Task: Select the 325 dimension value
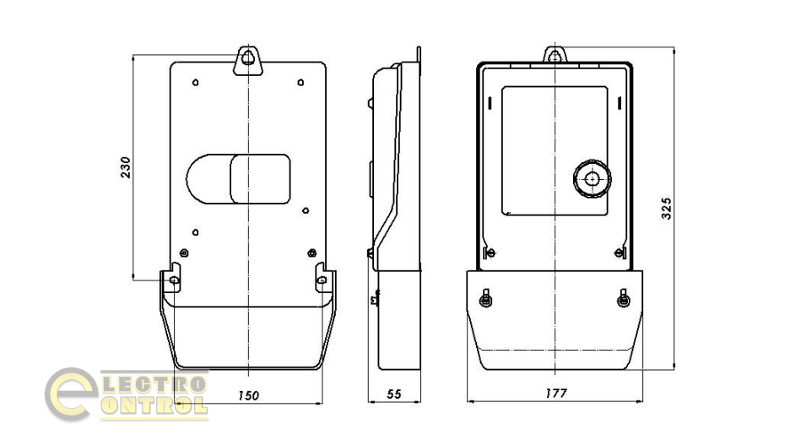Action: click(667, 208)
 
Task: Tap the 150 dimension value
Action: click(248, 394)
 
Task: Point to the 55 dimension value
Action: click(393, 394)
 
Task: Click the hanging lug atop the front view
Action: click(555, 57)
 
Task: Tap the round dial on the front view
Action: click(591, 179)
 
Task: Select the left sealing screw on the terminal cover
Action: click(485, 299)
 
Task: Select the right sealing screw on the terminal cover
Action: click(624, 299)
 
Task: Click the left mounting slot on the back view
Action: click(174, 280)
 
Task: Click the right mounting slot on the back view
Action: click(322, 280)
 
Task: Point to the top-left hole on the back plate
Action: click(196, 83)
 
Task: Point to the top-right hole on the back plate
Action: click(301, 83)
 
